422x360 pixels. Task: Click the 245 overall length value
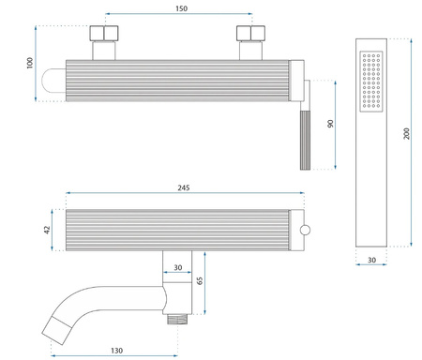pyautogui.click(x=184, y=188)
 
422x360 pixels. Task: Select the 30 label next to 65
pyautogui.click(x=178, y=269)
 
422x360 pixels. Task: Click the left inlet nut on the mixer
pyautogui.click(x=103, y=41)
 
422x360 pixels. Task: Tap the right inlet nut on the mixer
pyautogui.click(x=251, y=41)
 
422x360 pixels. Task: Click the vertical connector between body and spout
pyautogui.click(x=178, y=286)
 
